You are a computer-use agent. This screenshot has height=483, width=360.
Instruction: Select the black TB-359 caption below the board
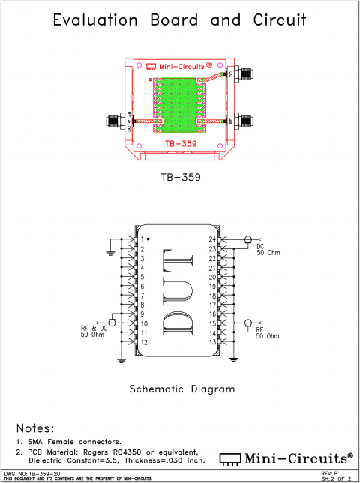pos(179,178)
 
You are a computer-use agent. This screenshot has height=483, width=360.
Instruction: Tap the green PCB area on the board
pos(179,101)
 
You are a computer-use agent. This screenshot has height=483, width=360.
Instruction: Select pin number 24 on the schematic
pos(212,239)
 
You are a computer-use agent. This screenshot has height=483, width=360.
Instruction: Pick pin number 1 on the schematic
pos(141,239)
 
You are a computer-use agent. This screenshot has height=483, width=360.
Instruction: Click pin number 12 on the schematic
pos(142,342)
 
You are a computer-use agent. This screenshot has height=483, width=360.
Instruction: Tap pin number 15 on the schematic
pos(212,323)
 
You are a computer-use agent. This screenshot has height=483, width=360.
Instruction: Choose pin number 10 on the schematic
pos(142,323)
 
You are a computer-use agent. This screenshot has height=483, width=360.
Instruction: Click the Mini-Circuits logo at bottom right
pos(286,457)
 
